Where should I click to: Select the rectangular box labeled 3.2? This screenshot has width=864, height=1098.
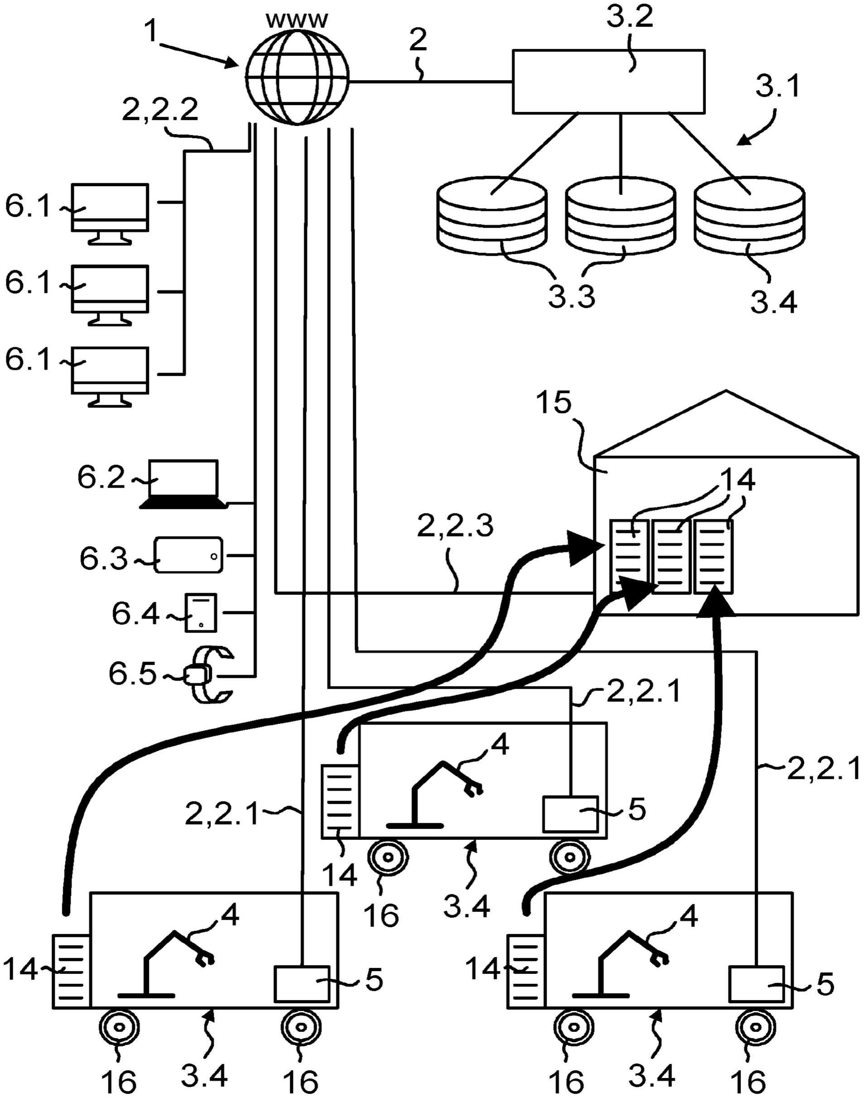click(x=608, y=81)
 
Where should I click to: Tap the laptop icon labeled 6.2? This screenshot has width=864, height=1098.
click(x=183, y=484)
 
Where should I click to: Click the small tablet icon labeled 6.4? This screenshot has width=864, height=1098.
click(x=201, y=613)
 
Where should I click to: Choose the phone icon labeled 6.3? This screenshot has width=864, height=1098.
click(x=188, y=555)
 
